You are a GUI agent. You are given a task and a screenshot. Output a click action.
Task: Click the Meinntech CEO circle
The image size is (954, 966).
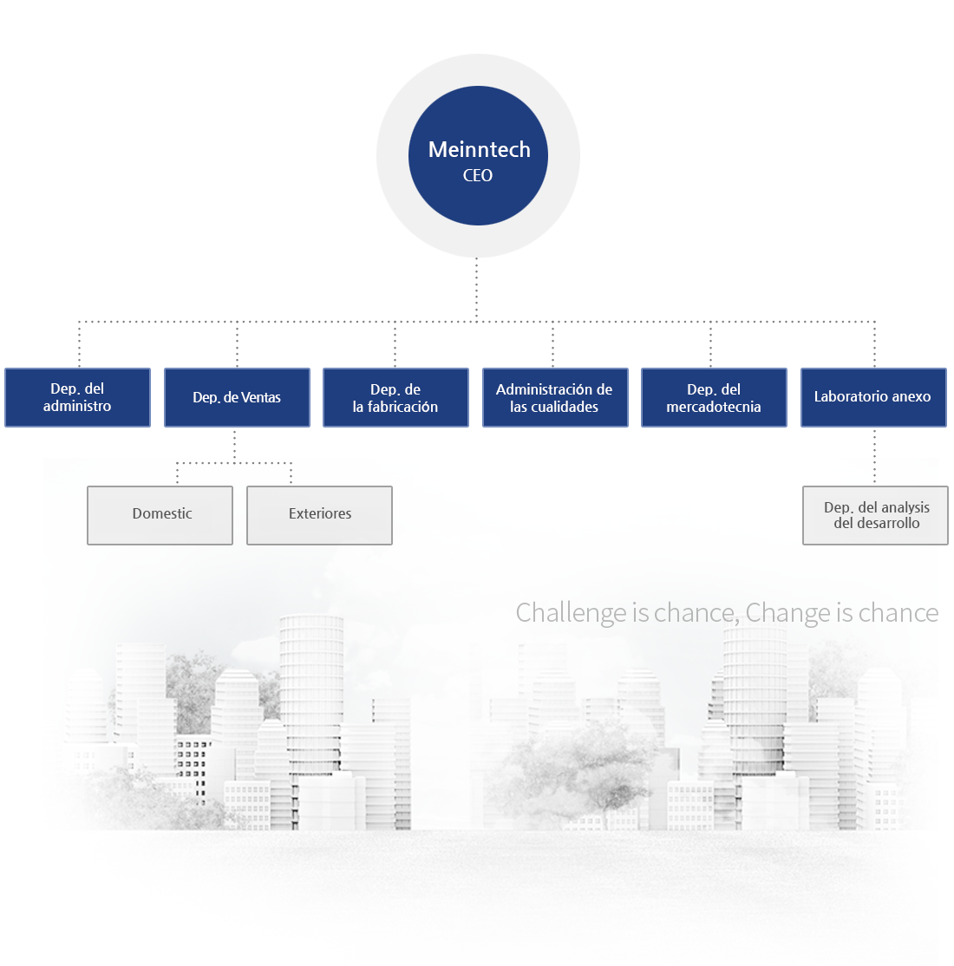478,156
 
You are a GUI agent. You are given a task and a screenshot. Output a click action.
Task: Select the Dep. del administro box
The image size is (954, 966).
78,397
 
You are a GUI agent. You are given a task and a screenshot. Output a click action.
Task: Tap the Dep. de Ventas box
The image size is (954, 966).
238,397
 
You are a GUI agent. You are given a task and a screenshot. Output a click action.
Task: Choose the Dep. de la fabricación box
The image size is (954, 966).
395,397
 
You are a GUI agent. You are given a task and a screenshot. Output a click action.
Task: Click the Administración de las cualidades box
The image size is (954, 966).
555,397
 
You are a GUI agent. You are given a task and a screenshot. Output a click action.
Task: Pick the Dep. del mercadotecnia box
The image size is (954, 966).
715,397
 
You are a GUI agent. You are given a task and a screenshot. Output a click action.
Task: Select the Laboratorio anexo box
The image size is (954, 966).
873,397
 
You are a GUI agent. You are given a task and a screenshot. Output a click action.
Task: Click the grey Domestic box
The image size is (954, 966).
160,516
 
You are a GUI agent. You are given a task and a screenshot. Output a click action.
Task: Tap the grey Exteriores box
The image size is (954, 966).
319,516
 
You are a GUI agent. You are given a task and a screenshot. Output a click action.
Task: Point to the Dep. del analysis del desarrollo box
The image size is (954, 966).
875,516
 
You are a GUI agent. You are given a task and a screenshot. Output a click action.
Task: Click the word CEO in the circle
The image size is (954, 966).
478,175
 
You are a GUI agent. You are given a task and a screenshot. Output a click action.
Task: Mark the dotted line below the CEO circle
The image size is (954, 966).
476,289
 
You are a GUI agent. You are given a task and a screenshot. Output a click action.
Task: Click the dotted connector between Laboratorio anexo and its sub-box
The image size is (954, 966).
874,456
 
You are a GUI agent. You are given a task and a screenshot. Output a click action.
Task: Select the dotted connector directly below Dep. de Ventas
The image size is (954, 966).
234,446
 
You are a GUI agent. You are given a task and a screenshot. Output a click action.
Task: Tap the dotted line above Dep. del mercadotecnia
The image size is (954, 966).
710,344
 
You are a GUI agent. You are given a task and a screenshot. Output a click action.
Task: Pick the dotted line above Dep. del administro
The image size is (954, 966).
79,344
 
